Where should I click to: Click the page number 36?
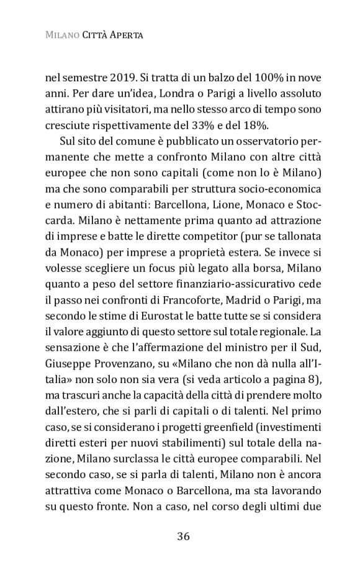[x=182, y=536]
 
